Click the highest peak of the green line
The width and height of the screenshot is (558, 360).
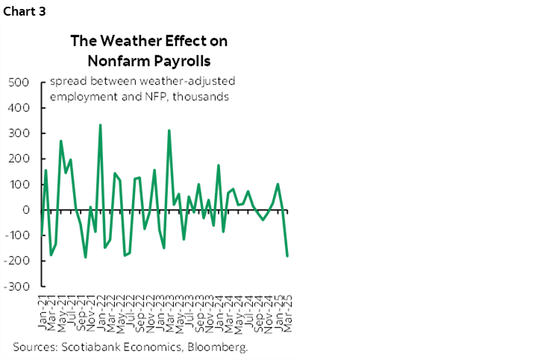pos(100,125)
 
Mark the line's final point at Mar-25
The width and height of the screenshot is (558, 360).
pos(288,256)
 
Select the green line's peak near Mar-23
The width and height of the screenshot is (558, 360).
pos(169,130)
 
